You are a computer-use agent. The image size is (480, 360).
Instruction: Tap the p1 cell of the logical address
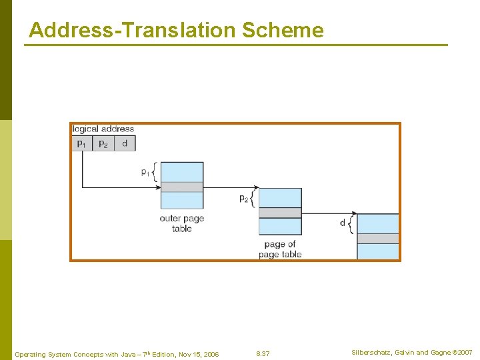(x=81, y=143)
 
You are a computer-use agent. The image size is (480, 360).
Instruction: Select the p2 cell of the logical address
(x=103, y=143)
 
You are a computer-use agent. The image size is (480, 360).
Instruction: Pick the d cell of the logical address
(x=125, y=143)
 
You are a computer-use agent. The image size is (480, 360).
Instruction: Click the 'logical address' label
(x=103, y=129)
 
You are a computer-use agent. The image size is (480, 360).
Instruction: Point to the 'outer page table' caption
(x=181, y=223)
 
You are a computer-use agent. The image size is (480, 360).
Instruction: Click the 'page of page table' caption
(x=280, y=249)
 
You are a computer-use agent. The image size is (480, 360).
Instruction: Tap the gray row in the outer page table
(x=182, y=187)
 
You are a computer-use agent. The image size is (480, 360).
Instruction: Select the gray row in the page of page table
(x=280, y=213)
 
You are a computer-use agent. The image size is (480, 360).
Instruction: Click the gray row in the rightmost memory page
(x=378, y=239)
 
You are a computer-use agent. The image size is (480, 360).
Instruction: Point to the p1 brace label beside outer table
(x=145, y=172)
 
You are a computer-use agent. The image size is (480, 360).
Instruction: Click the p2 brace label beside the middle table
(x=243, y=198)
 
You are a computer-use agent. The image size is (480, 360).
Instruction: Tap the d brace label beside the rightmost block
(x=343, y=223)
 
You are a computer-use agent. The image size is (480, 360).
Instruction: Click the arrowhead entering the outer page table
(x=158, y=187)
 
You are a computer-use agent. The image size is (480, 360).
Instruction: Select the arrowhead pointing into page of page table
(x=255, y=187)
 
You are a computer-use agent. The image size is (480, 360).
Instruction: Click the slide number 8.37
(x=263, y=353)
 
